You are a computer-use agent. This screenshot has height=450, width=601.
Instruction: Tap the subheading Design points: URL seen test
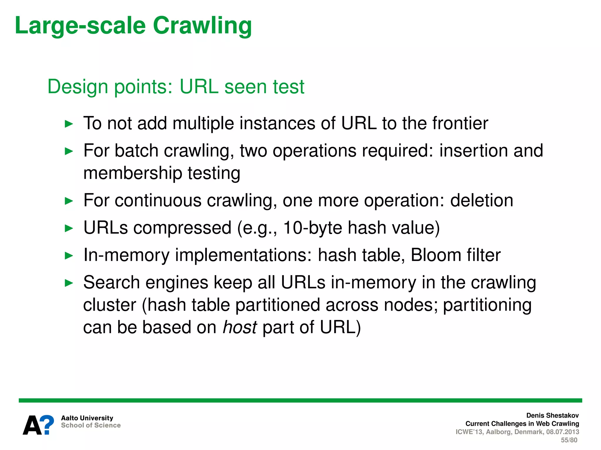pyautogui.click(x=176, y=87)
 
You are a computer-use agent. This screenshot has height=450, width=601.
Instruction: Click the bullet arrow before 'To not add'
pyautogui.click(x=69, y=124)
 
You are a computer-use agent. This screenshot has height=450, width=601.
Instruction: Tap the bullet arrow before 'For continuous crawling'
pyautogui.click(x=69, y=201)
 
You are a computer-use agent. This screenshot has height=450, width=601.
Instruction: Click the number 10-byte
pyautogui.click(x=312, y=228)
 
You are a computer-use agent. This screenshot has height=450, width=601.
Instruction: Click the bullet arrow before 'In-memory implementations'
pyautogui.click(x=69, y=256)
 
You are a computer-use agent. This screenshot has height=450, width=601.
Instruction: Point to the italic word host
pyautogui.click(x=240, y=327)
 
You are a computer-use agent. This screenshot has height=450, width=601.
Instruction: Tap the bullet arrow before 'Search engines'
pyautogui.click(x=69, y=283)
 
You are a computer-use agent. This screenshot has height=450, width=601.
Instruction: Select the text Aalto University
pyautogui.click(x=87, y=418)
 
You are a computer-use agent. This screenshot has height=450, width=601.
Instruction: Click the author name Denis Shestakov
pyautogui.click(x=552, y=415)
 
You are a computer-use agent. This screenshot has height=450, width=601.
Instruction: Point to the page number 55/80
pyautogui.click(x=569, y=440)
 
